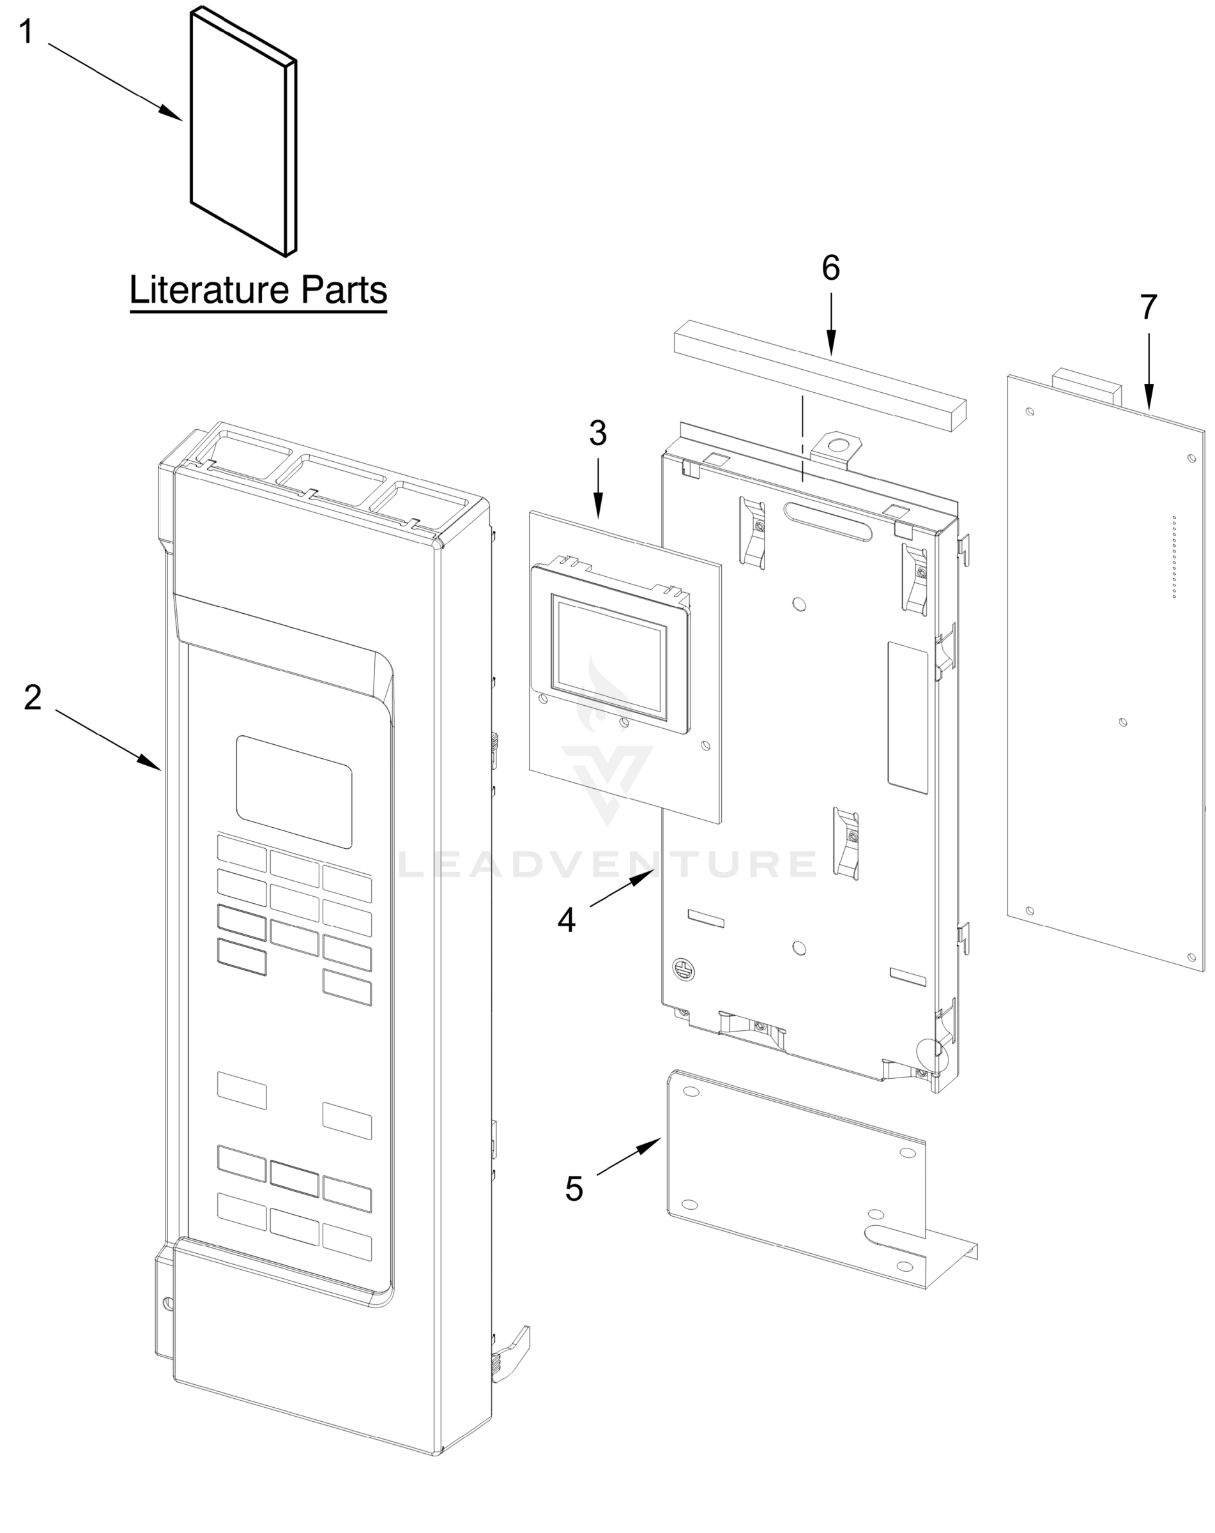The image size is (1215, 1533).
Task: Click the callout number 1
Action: coord(26,33)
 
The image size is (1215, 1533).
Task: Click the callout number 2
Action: coord(33,698)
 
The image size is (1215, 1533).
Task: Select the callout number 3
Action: coord(598,433)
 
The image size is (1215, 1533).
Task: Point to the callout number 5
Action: coord(574,1188)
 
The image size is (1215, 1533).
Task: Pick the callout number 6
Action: coord(830,268)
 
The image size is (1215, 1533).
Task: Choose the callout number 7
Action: coord(1148,307)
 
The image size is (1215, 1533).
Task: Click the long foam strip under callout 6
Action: coord(821,375)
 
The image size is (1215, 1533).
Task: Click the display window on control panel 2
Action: coord(294,791)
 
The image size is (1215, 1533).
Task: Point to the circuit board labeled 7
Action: coord(1106,676)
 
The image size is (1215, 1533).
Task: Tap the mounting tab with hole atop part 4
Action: coord(839,447)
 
